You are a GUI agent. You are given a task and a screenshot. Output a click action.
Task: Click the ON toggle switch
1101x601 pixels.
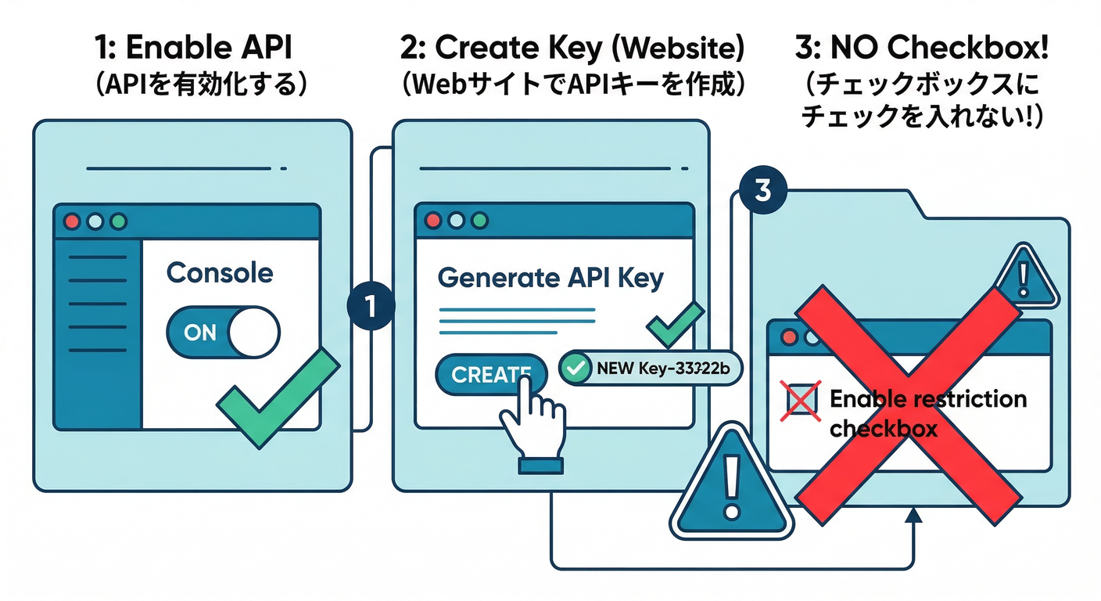click(223, 333)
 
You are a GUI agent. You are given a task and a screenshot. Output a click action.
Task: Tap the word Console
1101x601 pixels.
click(220, 273)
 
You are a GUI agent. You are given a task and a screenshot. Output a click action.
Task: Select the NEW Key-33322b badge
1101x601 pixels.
click(648, 366)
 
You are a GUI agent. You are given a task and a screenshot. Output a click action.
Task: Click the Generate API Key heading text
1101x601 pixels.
click(550, 278)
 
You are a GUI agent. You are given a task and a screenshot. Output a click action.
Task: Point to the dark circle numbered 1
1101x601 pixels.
click(370, 306)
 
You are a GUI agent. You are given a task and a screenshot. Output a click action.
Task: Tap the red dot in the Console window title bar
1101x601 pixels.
click(73, 221)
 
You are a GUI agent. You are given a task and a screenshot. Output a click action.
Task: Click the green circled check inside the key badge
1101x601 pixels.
click(577, 366)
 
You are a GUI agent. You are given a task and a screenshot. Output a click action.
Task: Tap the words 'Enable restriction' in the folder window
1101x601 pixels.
click(927, 399)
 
